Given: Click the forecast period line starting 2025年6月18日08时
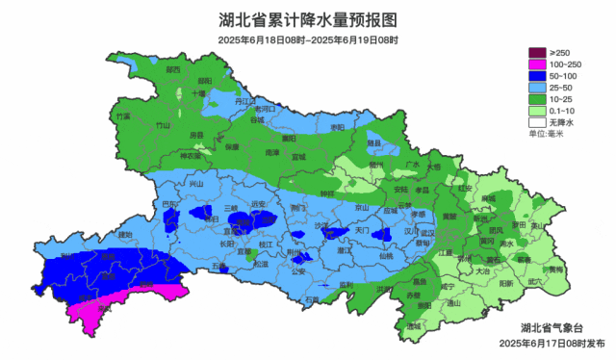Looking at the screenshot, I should coord(308,39).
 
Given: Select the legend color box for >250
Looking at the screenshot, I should coord(536,52).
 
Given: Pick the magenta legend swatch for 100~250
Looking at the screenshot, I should coord(536,64).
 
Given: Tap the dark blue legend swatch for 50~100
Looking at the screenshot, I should coord(536,75).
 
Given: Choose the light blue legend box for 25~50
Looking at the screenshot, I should coord(536,87).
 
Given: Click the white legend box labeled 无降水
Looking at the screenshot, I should coord(536,122).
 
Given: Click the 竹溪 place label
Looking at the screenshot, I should coord(122,116).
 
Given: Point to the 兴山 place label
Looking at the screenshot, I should coord(197,183).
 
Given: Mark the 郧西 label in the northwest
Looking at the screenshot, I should coord(173,70).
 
